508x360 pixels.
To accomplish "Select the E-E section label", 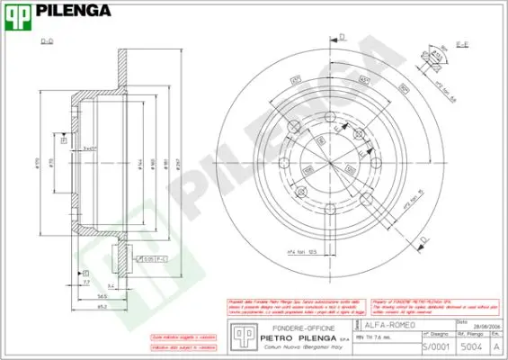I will click(459, 43).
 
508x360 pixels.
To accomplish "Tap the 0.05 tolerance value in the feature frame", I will click(148, 258).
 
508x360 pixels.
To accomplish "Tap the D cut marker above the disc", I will click(343, 36).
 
